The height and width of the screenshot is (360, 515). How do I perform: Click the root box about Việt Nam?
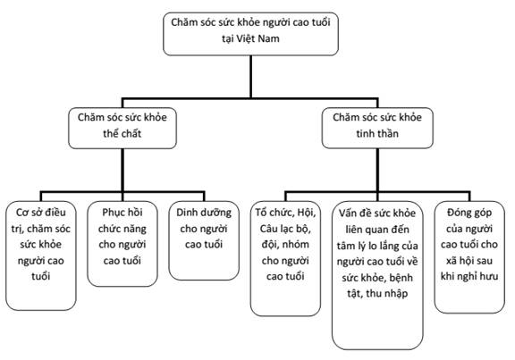(250, 34)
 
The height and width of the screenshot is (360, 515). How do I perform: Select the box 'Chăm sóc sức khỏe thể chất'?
(122, 128)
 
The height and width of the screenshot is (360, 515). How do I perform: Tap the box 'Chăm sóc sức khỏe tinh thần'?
(377, 128)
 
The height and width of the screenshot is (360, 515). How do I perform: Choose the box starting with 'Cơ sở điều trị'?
(41, 255)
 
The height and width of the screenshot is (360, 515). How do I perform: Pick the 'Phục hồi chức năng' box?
(122, 244)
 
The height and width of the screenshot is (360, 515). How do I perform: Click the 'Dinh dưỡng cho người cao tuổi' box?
(204, 240)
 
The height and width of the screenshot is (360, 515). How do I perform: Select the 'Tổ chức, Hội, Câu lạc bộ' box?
(285, 258)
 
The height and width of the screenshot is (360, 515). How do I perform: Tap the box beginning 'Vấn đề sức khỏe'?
(377, 275)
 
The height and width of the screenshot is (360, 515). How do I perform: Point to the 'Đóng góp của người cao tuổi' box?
(469, 257)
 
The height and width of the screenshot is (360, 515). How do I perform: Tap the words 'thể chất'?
(122, 134)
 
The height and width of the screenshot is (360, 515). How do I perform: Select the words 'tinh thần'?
(377, 134)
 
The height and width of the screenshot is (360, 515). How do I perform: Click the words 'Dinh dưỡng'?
(204, 213)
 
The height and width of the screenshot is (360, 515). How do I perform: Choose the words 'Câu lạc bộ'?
(284, 229)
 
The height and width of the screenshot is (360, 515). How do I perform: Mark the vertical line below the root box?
(251, 77)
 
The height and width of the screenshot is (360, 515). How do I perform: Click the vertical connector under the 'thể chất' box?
(122, 170)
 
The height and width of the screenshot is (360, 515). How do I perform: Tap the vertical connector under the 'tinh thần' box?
(377, 170)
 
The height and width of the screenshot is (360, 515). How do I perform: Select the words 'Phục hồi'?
(122, 213)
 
